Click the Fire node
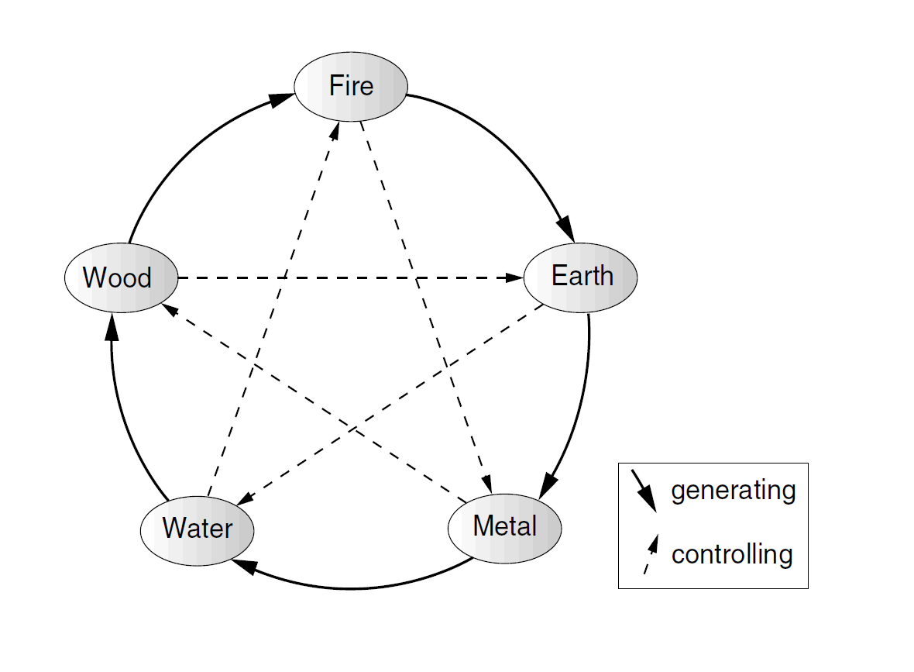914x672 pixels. pos(351,85)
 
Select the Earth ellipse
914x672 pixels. pos(581,277)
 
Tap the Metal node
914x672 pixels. pos(504,528)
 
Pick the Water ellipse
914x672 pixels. pos(198,529)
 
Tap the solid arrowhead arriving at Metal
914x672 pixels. pos(548,485)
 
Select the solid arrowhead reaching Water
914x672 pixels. pos(244,567)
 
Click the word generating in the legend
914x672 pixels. pos(733,491)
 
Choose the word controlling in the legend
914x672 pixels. pos(731,555)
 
